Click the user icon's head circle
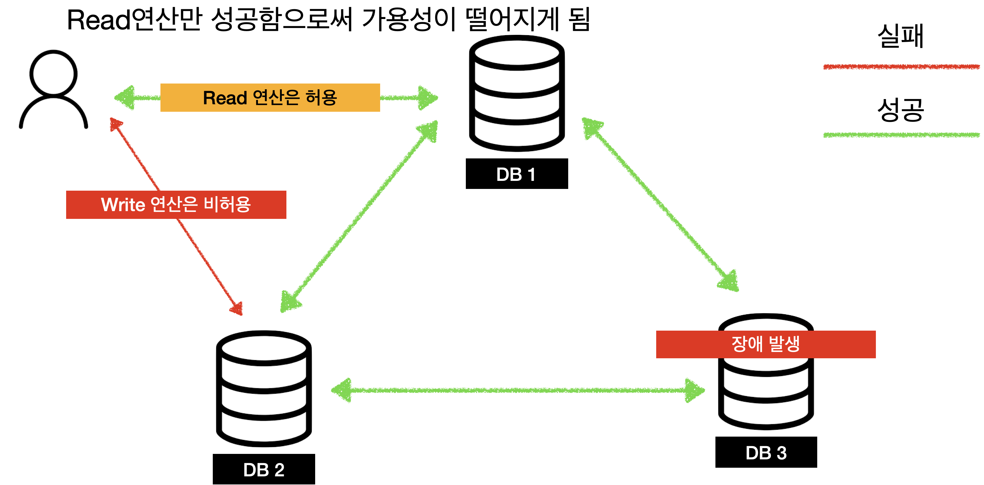[53, 73]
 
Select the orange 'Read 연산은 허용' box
[270, 98]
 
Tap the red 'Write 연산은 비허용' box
[176, 205]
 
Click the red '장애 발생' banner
[765, 344]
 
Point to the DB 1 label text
[516, 175]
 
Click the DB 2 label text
[264, 470]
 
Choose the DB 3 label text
[766, 453]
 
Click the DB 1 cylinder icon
[516, 94]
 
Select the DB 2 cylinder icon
[264, 388]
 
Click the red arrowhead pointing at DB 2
[237, 308]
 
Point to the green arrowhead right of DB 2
[342, 390]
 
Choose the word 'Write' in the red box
[123, 205]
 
